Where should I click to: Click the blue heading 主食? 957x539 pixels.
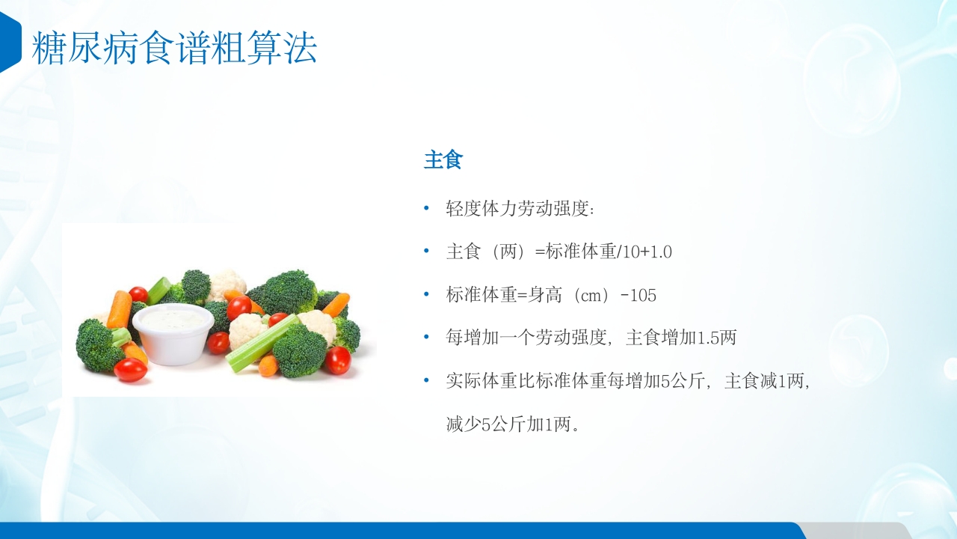pos(443,160)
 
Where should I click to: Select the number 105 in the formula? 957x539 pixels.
pos(643,296)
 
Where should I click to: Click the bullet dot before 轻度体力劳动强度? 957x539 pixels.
pos(427,209)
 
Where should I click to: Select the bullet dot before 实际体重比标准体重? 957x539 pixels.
pos(427,381)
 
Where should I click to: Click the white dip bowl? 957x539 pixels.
pos(173,333)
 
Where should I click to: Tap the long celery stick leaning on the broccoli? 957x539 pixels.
pos(262,344)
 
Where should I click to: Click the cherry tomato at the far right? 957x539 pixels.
pos(337,361)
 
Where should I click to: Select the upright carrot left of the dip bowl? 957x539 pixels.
pos(119,309)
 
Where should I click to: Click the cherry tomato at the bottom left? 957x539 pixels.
pos(130,370)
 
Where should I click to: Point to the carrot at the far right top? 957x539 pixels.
pos(336,304)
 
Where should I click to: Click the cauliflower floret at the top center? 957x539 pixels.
pos(227,284)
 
